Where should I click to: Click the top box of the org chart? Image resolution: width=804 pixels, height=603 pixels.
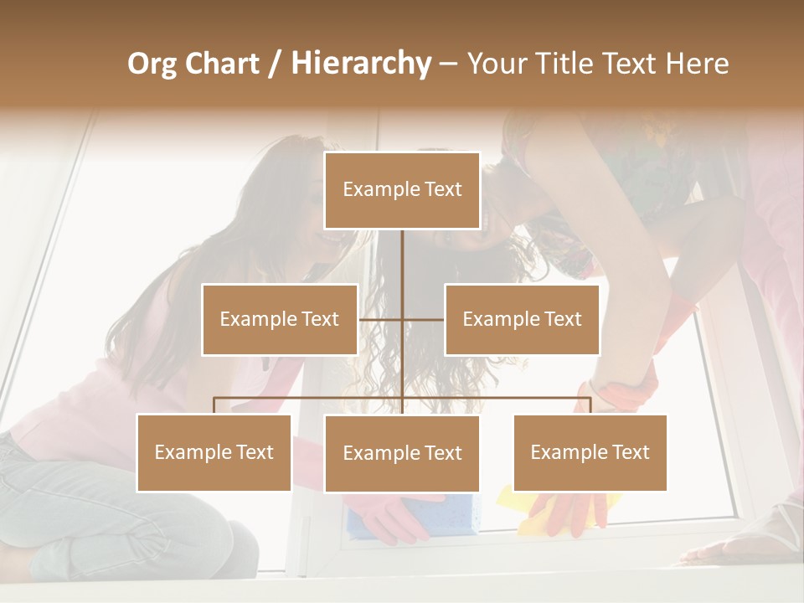coord(402,190)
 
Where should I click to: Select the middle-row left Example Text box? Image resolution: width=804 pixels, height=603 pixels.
coord(280,319)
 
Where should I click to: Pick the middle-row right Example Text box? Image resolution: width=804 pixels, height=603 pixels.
coord(522,319)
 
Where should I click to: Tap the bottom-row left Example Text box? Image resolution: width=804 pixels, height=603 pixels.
coord(214,452)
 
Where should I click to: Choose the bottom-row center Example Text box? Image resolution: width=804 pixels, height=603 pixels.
coord(402,453)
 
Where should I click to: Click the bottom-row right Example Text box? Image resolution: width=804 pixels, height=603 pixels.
coord(590,452)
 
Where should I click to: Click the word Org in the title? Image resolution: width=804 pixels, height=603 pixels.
coord(152,64)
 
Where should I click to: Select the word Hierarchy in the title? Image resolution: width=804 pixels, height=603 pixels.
coord(360,64)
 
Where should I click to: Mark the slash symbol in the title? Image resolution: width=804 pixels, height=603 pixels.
coord(275,64)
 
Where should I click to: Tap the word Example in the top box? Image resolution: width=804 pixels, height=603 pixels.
coord(379,190)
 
